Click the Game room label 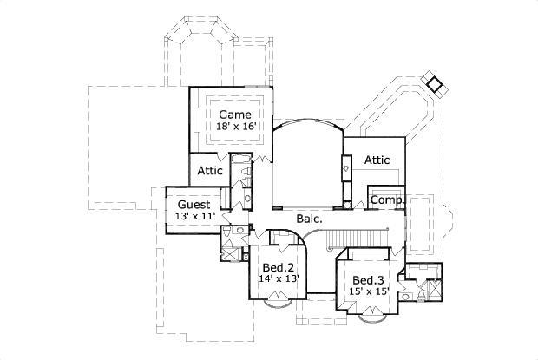click(234, 115)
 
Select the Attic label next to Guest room click(210, 171)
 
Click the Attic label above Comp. click(376, 160)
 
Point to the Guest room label click(193, 205)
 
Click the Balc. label click(309, 219)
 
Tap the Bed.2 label click(279, 267)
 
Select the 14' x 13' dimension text click(279, 279)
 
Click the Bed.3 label click(369, 279)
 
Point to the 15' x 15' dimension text click(369, 292)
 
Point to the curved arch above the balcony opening click(307, 125)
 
